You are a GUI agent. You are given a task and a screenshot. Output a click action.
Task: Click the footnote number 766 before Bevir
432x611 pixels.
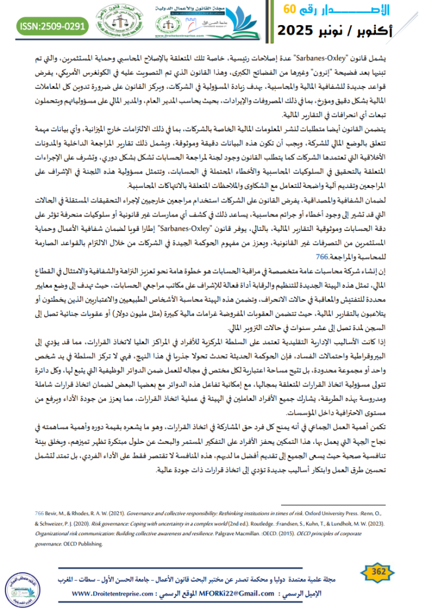tap(36, 512)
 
